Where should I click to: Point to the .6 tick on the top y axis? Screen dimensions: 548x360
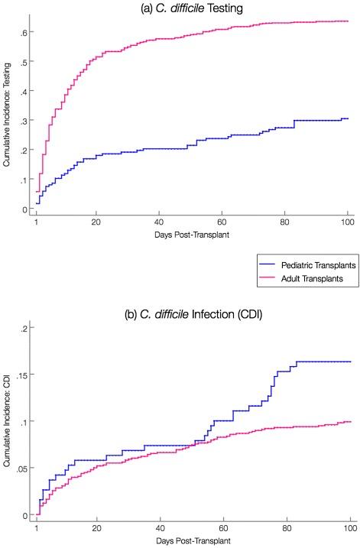[x=25, y=32]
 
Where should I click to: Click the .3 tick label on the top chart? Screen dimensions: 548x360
[x=25, y=121]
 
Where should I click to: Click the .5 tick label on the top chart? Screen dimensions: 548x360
[x=25, y=62]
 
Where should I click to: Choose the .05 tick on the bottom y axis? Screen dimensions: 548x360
[x=24, y=469]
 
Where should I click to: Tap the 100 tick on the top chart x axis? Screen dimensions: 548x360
[x=347, y=222]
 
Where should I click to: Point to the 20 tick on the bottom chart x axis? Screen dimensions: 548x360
[x=96, y=529]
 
